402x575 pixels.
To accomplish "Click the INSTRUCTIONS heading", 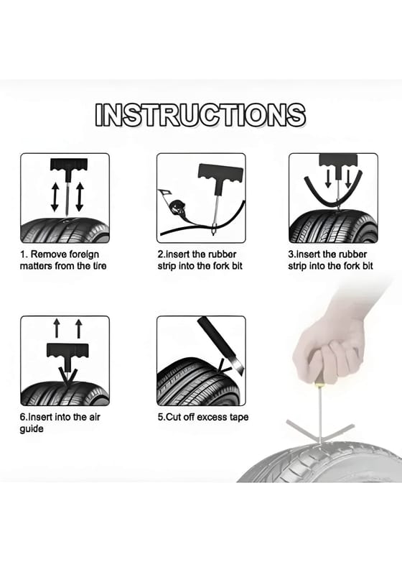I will tap(200, 115).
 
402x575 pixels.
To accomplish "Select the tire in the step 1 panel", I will tap(65, 229).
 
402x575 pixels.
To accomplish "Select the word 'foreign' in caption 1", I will tap(84, 254).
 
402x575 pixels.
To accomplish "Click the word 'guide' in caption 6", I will tap(32, 429).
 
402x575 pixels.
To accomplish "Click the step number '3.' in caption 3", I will tap(292, 254).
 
